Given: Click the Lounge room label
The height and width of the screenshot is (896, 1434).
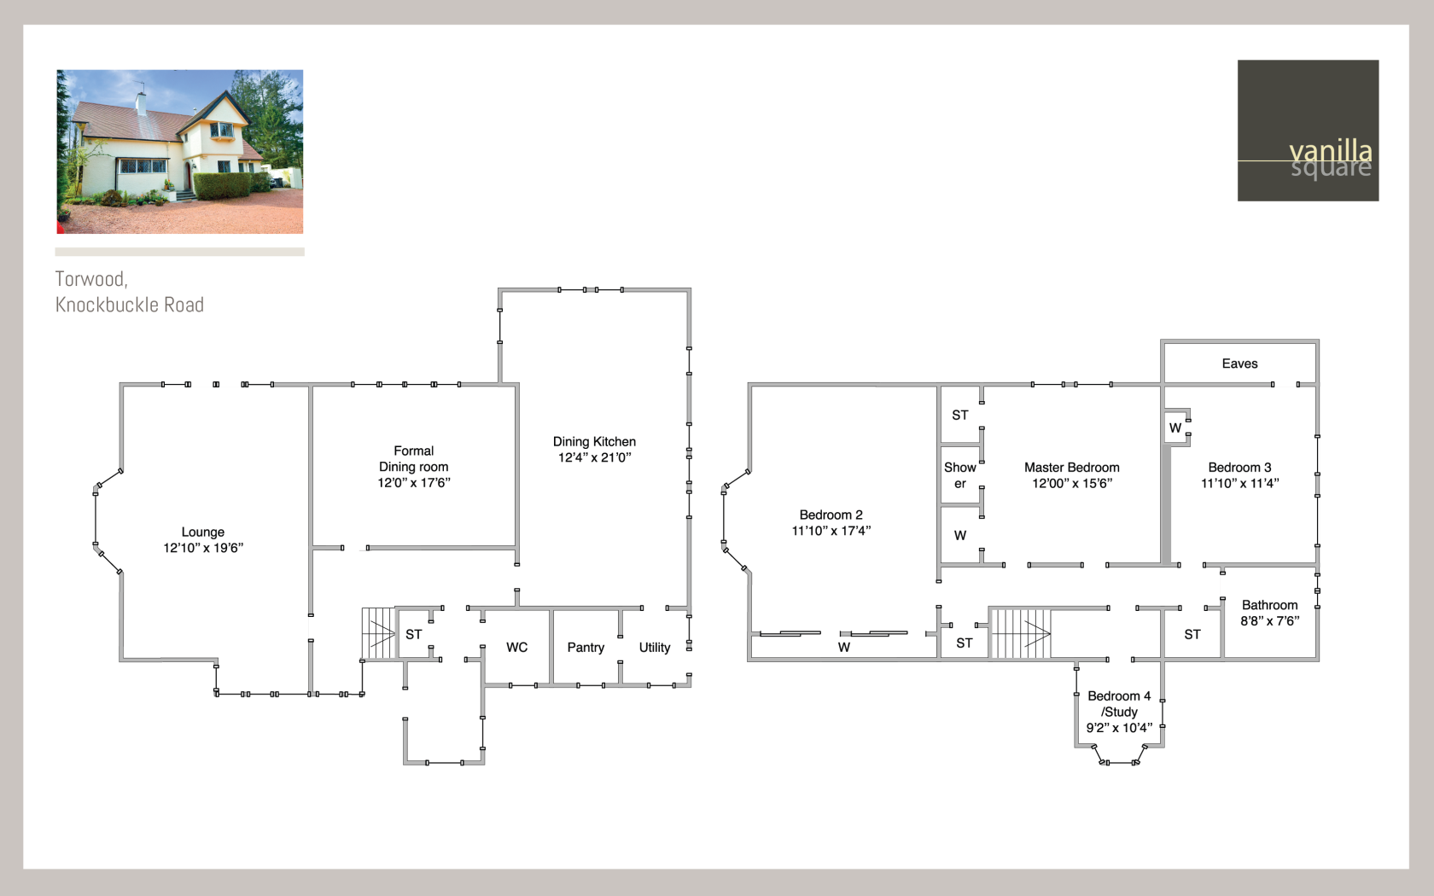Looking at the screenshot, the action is [203, 532].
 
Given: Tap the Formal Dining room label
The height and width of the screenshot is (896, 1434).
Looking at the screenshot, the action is [413, 459].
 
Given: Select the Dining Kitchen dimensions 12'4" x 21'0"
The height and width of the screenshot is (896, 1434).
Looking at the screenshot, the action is [595, 457].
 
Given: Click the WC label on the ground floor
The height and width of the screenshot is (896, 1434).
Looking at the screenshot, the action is [516, 647].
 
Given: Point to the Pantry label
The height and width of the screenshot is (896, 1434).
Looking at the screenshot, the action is [586, 647].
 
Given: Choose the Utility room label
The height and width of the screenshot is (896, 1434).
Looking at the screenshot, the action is [654, 647].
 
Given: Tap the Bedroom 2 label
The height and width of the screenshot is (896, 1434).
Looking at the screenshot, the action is [831, 515].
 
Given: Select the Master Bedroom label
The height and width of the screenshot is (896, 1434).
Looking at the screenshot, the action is [1072, 468].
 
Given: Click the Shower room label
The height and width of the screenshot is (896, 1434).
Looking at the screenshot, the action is [959, 475].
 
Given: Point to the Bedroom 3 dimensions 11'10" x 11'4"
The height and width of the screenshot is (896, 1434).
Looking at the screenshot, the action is [1240, 483].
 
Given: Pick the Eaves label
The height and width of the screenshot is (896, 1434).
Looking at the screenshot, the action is [1239, 364].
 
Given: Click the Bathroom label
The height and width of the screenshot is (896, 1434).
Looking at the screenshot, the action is [1269, 605].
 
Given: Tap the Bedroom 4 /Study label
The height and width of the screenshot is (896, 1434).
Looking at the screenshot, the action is [1119, 703].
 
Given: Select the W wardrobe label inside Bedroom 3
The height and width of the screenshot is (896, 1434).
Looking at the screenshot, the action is [1175, 428].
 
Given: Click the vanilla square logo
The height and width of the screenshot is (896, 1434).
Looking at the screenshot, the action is [1308, 131].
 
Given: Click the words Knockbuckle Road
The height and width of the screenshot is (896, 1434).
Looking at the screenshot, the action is [130, 305].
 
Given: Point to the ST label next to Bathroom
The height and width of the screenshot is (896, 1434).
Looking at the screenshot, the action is [1192, 634].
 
